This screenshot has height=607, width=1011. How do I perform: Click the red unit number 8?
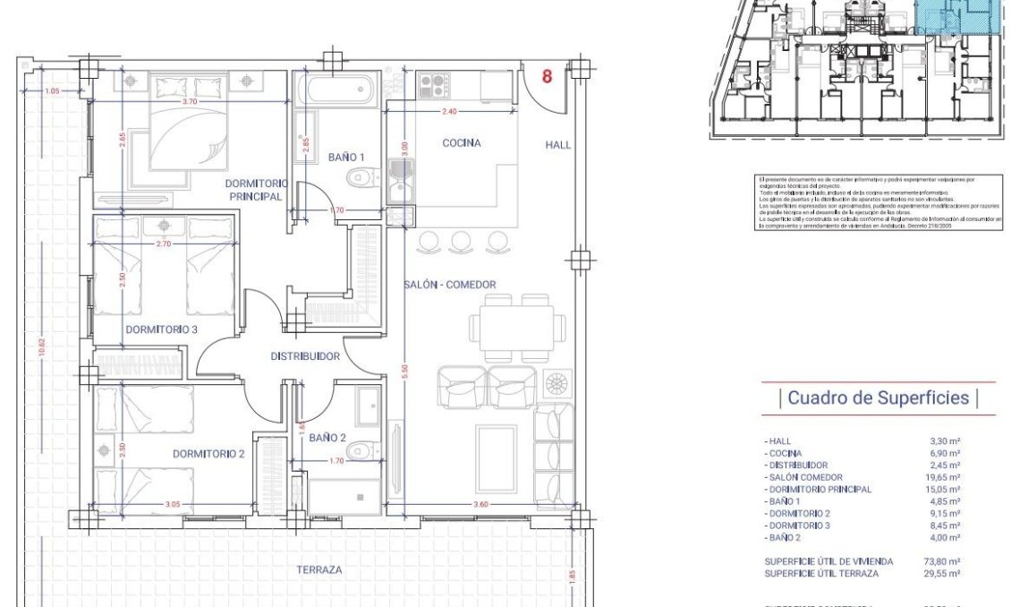pos(547,77)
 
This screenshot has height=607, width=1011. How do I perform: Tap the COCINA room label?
pos(462,143)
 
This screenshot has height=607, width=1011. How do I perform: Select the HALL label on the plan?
pos(558,145)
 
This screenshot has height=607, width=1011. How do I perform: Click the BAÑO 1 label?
pos(345,157)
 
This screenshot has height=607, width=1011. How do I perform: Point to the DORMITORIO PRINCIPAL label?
pos(255,189)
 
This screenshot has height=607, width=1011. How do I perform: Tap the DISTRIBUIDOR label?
pos(305,356)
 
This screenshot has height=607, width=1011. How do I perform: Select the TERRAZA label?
pos(319,569)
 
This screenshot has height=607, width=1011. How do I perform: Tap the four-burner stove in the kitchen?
pos(434,86)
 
